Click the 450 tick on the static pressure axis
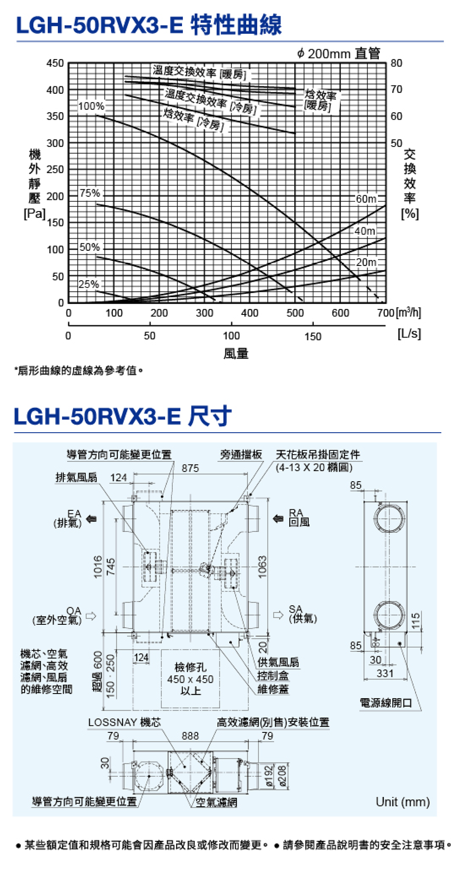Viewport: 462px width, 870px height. click(x=55, y=63)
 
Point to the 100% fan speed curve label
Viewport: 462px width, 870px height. click(x=91, y=106)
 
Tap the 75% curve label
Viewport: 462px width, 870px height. click(x=90, y=193)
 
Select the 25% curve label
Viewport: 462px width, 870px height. click(x=88, y=284)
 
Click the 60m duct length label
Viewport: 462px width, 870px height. click(x=366, y=199)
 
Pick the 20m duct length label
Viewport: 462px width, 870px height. click(x=366, y=262)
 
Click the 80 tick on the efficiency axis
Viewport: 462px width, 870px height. click(x=396, y=63)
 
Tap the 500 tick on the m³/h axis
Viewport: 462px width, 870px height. click(x=295, y=313)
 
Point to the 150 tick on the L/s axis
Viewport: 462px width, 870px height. click(x=313, y=336)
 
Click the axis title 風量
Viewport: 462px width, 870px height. click(x=236, y=354)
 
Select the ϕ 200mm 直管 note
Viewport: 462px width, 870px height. click(x=338, y=54)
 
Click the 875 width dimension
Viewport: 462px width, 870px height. click(x=190, y=468)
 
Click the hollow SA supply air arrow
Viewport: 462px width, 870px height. click(x=278, y=615)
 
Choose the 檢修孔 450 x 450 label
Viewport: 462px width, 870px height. click(x=190, y=679)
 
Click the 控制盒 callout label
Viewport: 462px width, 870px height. click(x=273, y=676)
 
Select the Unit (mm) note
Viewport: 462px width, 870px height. click(x=402, y=802)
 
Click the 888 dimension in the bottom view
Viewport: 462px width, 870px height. click(x=190, y=736)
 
